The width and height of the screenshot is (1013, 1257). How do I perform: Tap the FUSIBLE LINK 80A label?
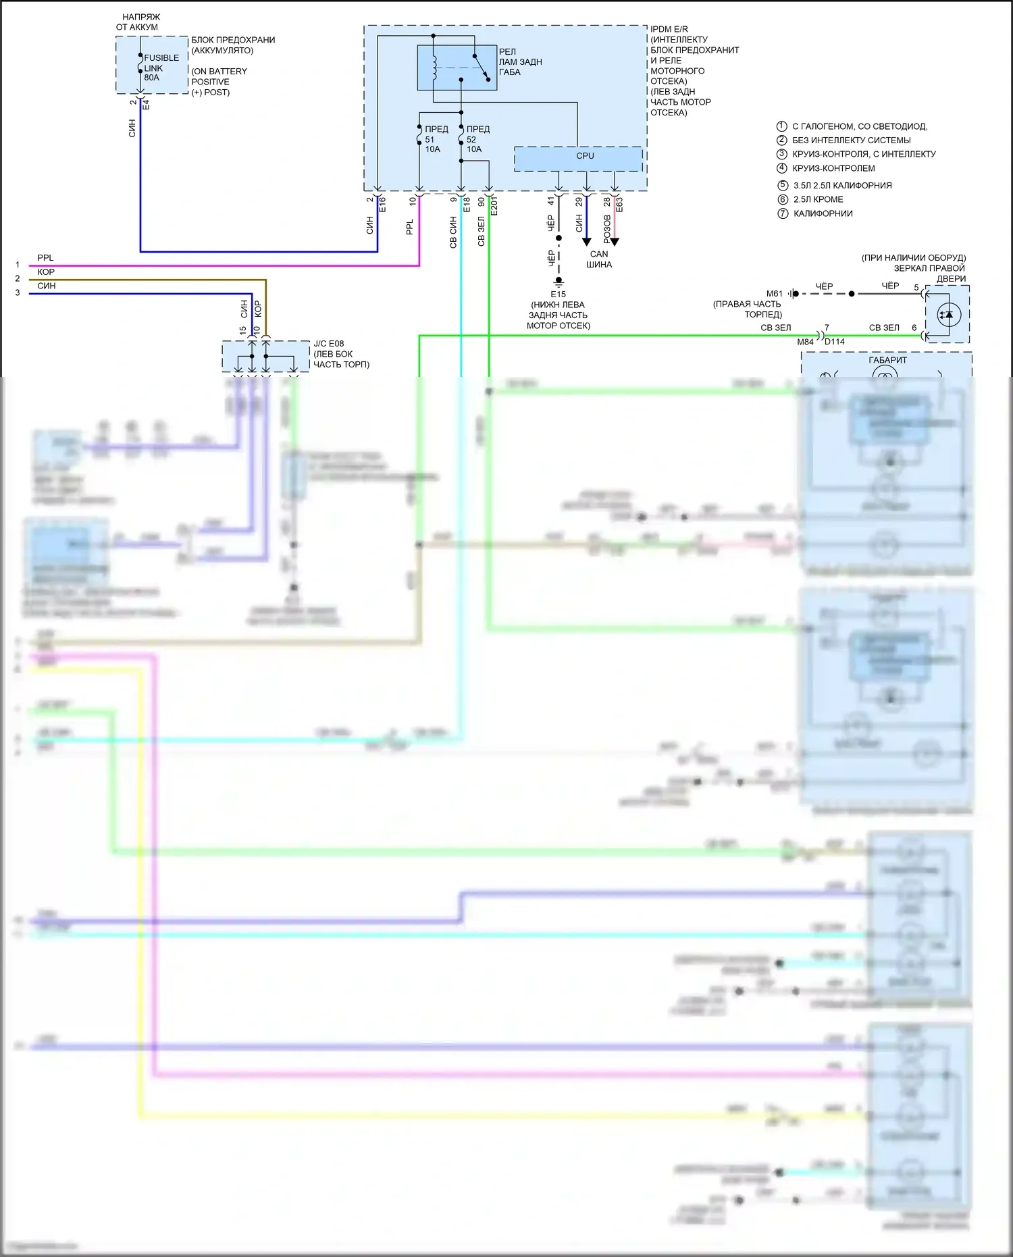[161, 68]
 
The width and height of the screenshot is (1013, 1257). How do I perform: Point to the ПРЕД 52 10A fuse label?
[477, 139]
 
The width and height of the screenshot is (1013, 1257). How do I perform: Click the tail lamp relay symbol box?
[457, 68]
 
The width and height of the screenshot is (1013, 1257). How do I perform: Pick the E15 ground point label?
[558, 294]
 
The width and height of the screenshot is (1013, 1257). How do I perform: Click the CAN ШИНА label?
[598, 259]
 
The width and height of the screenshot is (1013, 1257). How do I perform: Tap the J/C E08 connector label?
[329, 344]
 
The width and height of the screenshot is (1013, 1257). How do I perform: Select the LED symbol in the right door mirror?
[948, 314]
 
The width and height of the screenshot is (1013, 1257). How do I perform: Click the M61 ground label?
[774, 294]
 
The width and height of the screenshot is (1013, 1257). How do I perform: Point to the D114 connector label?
[835, 342]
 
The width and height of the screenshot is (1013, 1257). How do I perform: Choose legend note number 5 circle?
[783, 185]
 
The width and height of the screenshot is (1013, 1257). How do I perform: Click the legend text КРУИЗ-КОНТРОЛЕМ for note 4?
[833, 168]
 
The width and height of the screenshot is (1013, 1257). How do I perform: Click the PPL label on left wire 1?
[45, 258]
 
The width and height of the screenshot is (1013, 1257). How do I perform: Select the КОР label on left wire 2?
[46, 272]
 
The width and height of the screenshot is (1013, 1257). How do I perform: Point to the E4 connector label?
[146, 105]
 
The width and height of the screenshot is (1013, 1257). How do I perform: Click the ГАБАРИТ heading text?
[887, 360]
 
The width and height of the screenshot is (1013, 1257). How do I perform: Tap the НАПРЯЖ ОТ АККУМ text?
[138, 22]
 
